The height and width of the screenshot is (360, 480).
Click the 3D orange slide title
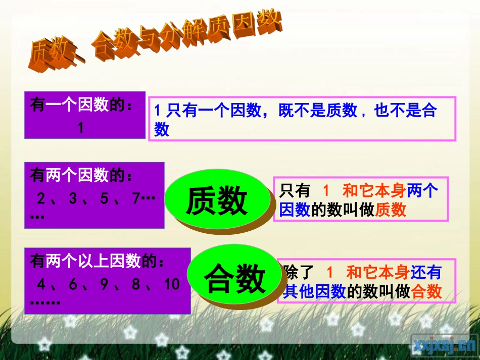pyautogui.click(x=154, y=42)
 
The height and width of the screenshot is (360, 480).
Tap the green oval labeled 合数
pyautogui.click(x=234, y=278)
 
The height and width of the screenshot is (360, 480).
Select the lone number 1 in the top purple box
pyautogui.click(x=81, y=128)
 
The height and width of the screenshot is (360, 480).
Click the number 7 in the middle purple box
pyautogui.click(x=135, y=198)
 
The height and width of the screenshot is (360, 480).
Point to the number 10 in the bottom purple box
pyautogui.click(x=172, y=285)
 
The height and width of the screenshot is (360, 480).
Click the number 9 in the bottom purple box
pyautogui.click(x=105, y=285)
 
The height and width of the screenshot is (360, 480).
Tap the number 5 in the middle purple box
pyautogui.click(x=105, y=198)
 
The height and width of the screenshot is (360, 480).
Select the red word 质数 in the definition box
pyautogui.click(x=391, y=210)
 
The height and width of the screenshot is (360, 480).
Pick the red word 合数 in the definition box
pyautogui.click(x=427, y=291)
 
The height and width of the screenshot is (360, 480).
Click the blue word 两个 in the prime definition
pyautogui.click(x=423, y=191)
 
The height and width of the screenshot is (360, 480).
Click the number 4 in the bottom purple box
pyautogui.click(x=41, y=285)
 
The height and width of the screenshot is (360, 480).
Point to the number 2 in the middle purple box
pyautogui.click(x=41, y=198)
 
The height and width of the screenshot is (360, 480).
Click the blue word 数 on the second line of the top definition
pyautogui.click(x=162, y=129)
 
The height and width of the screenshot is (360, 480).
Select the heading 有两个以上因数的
pyautogui.click(x=98, y=262)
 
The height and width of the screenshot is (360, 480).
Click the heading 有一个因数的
pyautogui.click(x=81, y=105)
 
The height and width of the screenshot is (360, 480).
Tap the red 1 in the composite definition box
pyautogui.click(x=330, y=273)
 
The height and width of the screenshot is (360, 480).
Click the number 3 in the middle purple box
pyautogui.click(x=73, y=198)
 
